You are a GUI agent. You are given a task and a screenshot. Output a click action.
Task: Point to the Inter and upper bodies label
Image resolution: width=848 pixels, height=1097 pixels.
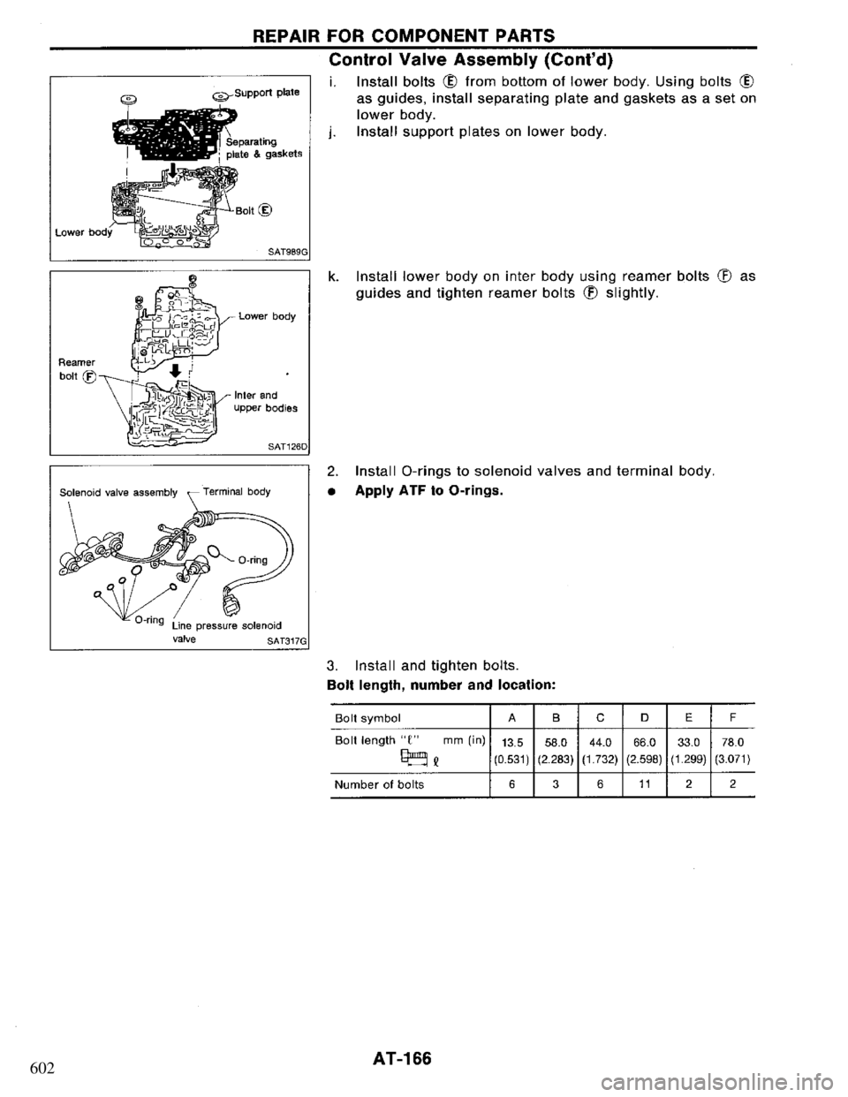pos(264,403)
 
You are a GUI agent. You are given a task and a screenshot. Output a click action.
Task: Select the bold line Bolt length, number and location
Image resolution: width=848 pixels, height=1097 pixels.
pos(430,685)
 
